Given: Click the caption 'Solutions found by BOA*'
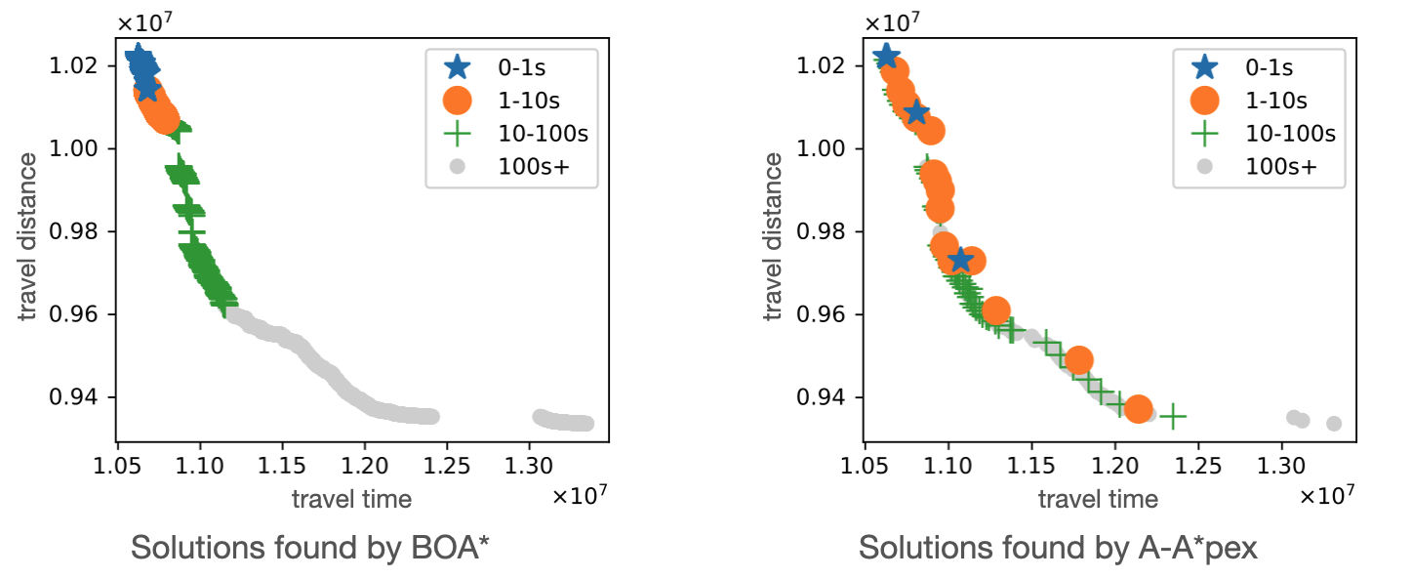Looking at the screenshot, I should (x=309, y=549).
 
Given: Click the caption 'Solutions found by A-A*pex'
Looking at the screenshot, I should (x=1058, y=549).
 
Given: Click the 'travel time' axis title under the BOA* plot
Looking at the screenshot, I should (x=351, y=499).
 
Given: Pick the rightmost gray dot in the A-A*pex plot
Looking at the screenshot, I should (x=1334, y=423).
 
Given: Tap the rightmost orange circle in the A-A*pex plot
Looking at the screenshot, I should (x=1138, y=409).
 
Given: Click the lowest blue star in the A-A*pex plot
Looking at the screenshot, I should (x=961, y=260).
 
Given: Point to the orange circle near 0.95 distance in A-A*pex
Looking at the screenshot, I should (x=1078, y=360).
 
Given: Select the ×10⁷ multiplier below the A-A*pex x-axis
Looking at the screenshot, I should (x=1328, y=496).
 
